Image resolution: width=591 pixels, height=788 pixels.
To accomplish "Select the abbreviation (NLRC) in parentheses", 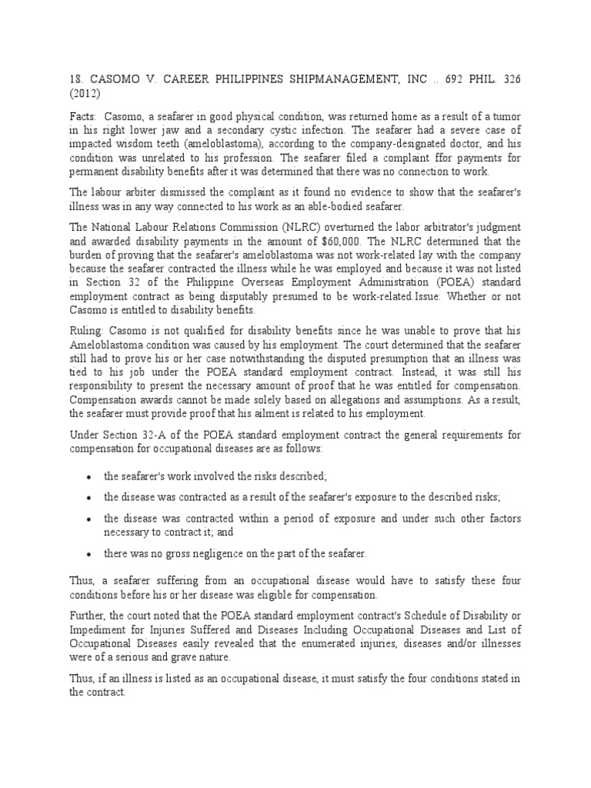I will [299, 229].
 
